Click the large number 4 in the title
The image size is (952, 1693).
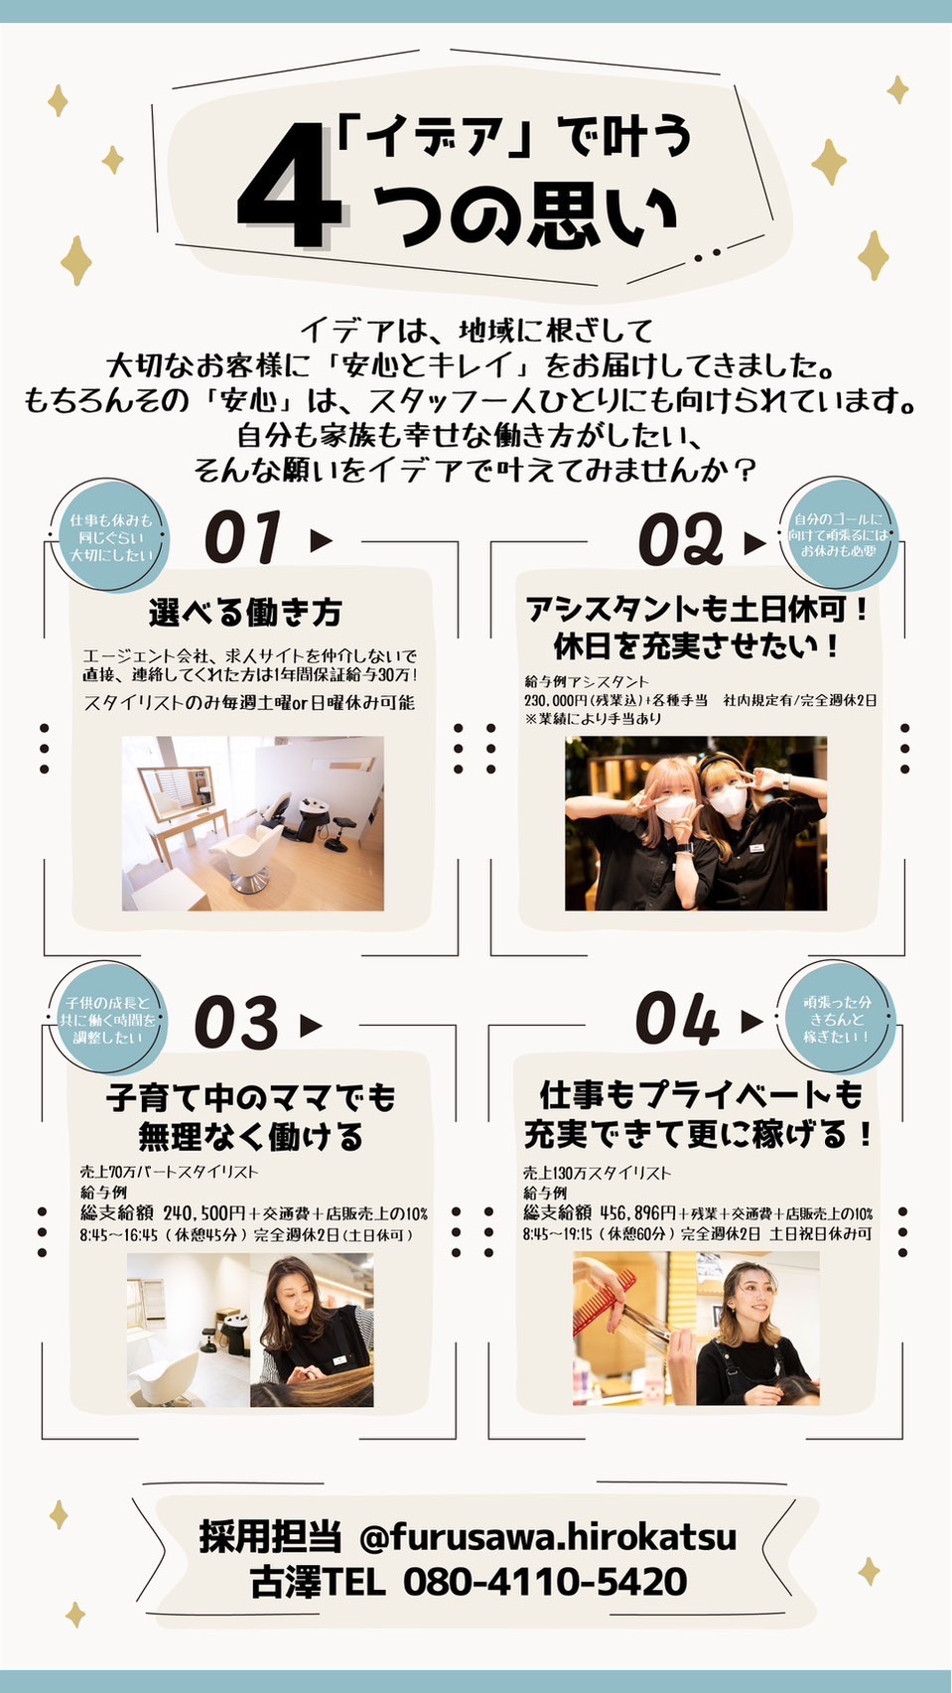click(290, 189)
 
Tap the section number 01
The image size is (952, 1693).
click(242, 538)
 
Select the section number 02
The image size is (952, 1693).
click(680, 540)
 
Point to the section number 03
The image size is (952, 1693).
click(236, 1024)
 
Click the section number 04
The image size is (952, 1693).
click(676, 1020)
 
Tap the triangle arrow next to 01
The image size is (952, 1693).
click(320, 540)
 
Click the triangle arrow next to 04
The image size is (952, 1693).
click(752, 1021)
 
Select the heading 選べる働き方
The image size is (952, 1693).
click(245, 613)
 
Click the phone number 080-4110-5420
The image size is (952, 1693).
click(544, 1581)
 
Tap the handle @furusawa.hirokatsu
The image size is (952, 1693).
click(548, 1537)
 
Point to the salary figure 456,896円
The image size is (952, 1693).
click(637, 1213)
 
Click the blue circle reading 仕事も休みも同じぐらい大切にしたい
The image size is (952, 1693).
click(110, 537)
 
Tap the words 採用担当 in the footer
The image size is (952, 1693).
click(270, 1536)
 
